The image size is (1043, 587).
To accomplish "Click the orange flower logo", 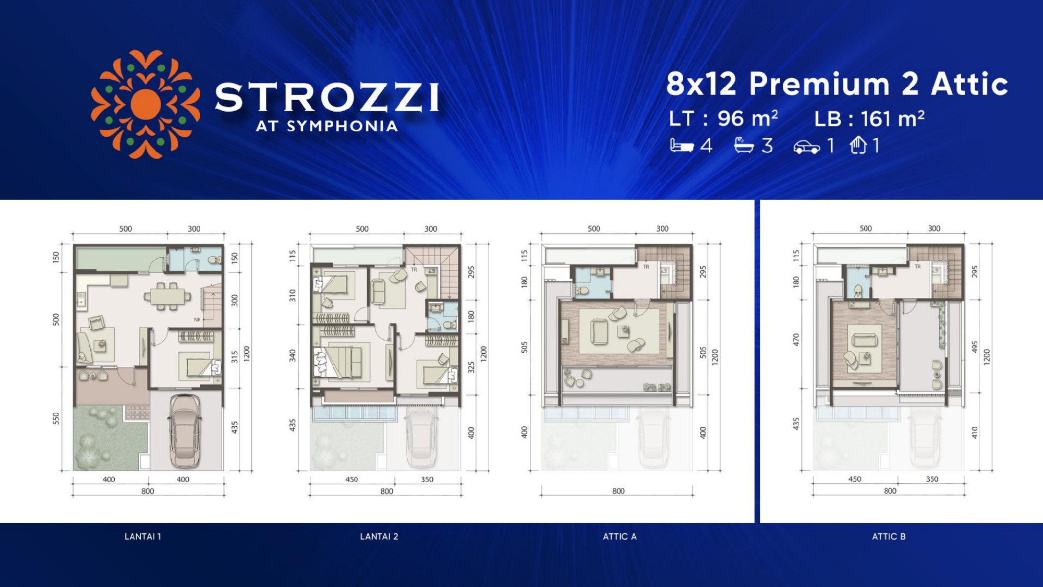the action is point(145,104).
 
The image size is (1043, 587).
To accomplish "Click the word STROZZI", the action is point(327,98).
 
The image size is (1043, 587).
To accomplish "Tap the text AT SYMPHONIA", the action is point(327,126).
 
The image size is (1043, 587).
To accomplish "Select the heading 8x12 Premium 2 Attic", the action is point(837,83).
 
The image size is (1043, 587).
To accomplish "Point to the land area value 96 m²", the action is point(748,118).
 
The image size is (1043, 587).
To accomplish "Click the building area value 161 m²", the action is point(893,118).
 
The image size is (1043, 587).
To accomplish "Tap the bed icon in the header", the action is point(682,146).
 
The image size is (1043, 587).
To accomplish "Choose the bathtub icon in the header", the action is point(744,145).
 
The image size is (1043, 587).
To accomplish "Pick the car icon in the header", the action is point(807,147).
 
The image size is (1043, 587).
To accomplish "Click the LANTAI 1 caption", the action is point(143,536).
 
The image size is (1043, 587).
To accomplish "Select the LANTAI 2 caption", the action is point(379,536).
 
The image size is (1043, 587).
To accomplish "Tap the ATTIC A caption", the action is point(620,536).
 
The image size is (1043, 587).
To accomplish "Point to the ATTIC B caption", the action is point(889,536).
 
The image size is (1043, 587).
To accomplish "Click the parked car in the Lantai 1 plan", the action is point(184,431).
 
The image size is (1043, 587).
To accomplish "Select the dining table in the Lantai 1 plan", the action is point(167,296).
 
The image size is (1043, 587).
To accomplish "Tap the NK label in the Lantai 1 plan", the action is point(197,320).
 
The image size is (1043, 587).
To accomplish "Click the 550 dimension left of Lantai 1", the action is point(56,419).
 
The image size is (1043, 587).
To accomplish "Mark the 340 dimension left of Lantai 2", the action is point(293,356).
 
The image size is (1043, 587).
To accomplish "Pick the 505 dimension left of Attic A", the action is point(524,348).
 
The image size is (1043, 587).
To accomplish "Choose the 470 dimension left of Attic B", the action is point(796,340).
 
